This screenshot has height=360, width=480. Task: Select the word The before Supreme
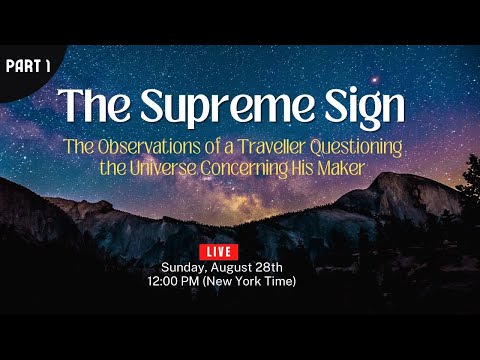[96, 104]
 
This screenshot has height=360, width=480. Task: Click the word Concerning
[271, 166]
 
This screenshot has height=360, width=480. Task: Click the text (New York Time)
[262, 281]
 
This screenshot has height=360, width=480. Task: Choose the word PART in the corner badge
[21, 65]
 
